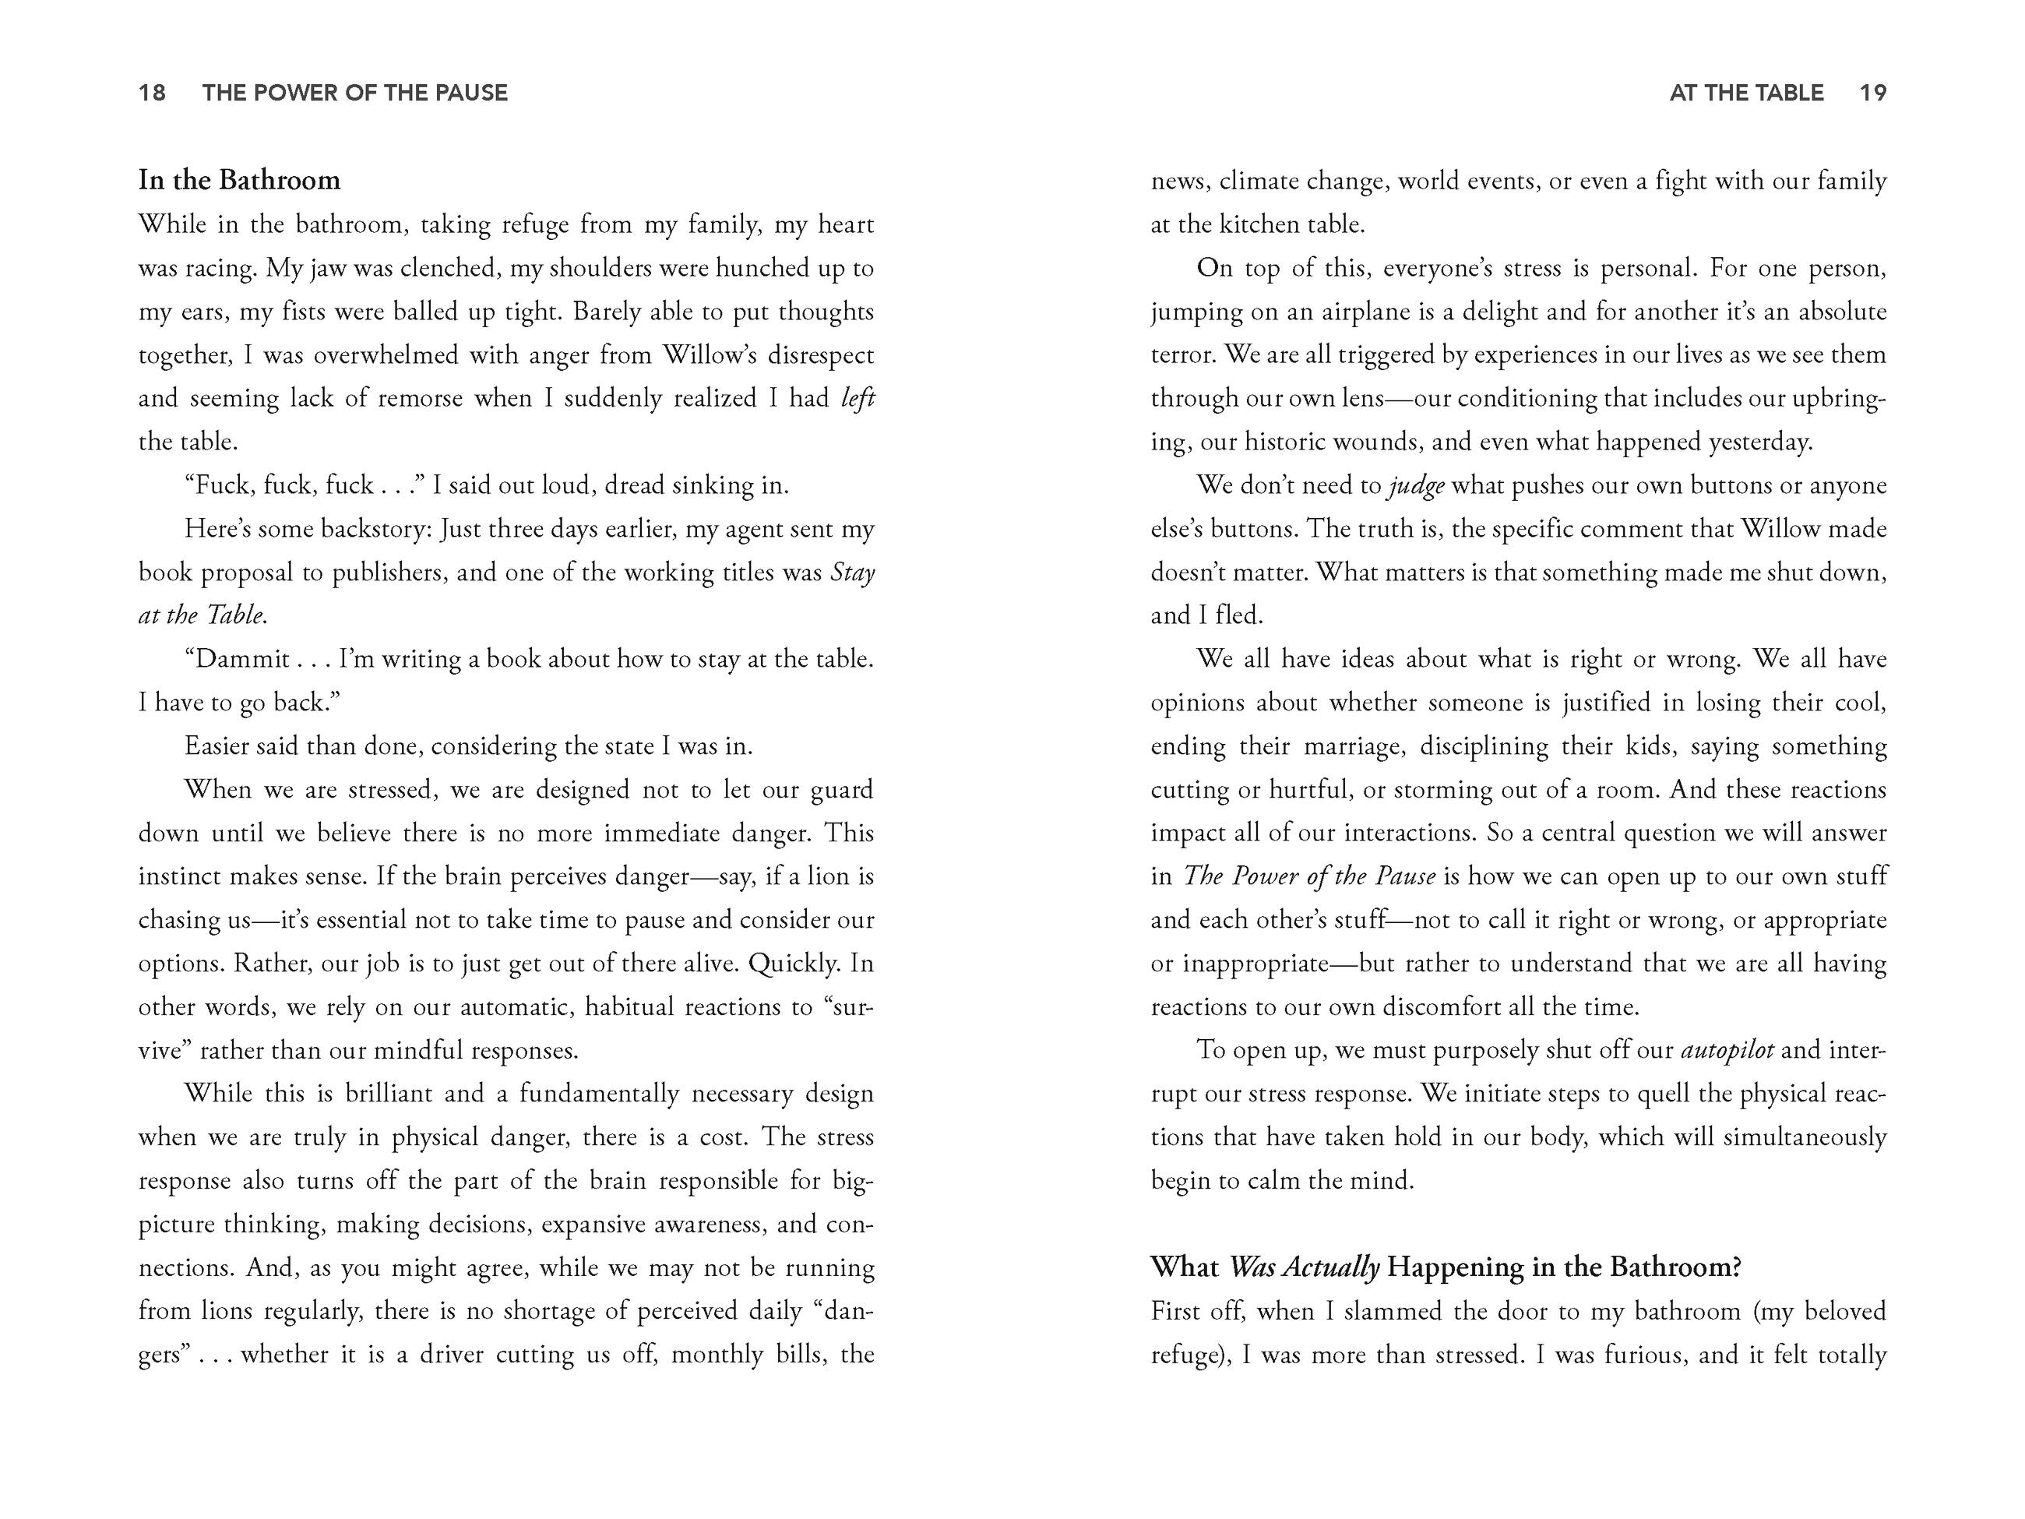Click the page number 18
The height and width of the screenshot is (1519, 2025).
tap(152, 93)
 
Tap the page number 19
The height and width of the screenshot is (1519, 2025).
tap(1873, 93)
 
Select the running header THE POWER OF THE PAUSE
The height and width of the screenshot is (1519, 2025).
tap(355, 93)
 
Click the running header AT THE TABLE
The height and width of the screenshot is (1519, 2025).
tap(1746, 93)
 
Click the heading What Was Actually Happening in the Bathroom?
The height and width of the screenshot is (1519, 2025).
tap(1446, 1267)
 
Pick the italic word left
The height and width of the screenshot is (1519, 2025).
tap(857, 398)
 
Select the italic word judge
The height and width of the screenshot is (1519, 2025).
tap(1416, 485)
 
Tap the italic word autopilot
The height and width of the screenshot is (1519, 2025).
tap(1727, 1049)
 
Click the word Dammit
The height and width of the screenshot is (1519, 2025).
tap(242, 659)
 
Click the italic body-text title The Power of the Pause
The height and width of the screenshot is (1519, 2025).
tap(1309, 876)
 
